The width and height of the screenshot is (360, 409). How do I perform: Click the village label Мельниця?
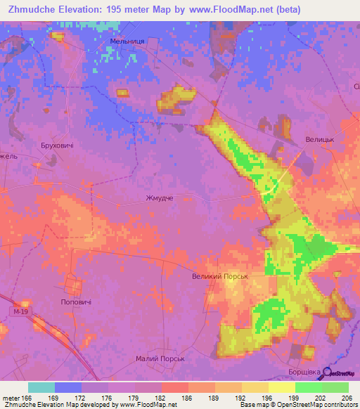[x=127, y=42]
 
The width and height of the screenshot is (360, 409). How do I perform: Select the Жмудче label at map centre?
[x=158, y=198]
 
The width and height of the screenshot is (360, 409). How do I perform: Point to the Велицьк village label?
[x=319, y=140]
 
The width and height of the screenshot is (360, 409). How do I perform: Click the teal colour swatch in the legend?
[x=41, y=387]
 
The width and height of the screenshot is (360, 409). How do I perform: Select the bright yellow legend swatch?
[x=281, y=387]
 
